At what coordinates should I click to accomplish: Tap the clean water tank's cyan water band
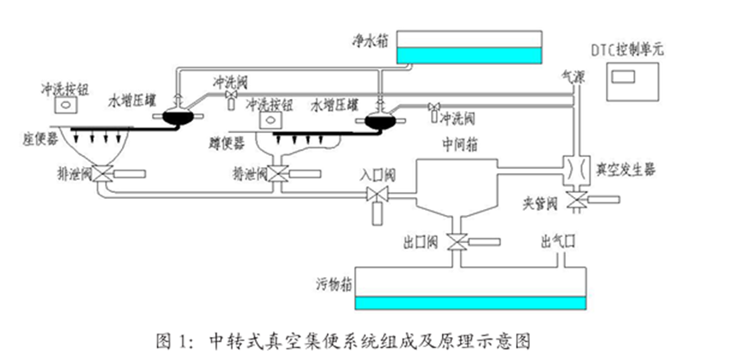pos(470,55)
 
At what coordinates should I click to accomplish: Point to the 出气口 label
pos(557,241)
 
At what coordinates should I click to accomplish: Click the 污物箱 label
pos(333,282)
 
